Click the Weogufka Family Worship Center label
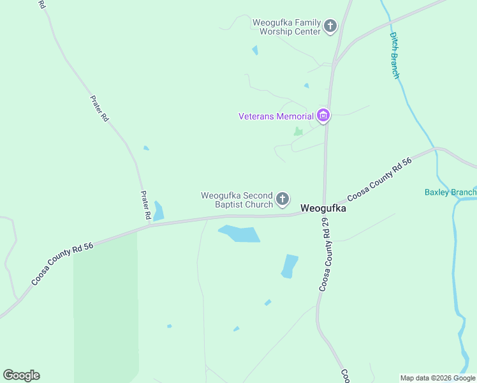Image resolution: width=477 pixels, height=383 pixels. point(286,26)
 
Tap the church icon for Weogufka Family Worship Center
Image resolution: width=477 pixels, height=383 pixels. point(330,26)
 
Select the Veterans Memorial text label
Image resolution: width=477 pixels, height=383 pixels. point(276,116)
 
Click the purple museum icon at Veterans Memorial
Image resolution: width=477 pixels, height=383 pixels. point(323,116)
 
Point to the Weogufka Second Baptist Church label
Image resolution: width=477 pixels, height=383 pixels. point(237,200)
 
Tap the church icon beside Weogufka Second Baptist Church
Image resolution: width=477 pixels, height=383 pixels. point(283,200)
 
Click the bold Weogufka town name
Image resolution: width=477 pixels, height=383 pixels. point(323,208)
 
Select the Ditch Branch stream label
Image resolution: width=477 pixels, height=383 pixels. point(395,56)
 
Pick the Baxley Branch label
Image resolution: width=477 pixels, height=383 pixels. point(450,192)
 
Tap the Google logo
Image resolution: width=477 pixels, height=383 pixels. point(21,375)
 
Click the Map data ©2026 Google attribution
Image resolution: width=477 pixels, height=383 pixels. point(437,378)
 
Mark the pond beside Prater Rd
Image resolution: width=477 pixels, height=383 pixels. point(158,211)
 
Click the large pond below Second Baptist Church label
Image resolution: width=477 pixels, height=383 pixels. point(240,234)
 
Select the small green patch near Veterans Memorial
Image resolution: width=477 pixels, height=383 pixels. point(297,131)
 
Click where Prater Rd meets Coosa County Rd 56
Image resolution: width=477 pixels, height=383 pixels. point(149,224)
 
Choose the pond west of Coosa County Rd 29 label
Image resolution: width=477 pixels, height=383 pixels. point(290,266)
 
